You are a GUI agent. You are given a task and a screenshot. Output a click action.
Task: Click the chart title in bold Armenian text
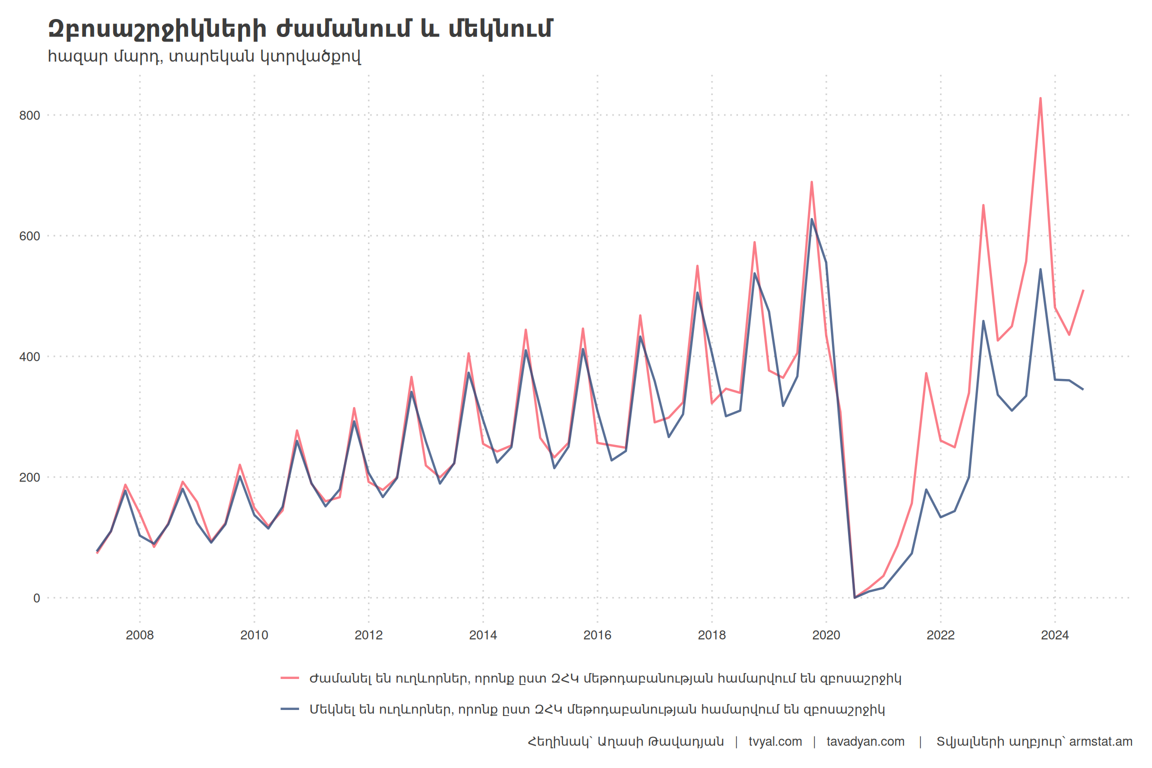point(300,29)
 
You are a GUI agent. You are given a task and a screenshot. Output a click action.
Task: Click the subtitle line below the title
point(204,56)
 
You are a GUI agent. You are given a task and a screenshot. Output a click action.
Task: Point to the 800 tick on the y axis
point(29,115)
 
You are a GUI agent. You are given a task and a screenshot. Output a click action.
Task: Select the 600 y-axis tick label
point(29,236)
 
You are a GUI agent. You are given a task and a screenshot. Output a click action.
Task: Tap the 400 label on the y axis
point(29,357)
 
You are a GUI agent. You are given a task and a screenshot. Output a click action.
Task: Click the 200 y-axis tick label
point(29,477)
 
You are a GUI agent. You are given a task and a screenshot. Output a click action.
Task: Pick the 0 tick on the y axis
point(36,598)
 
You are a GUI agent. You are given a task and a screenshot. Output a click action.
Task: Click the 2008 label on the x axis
point(139,635)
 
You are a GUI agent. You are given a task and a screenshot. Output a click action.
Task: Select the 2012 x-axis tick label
point(368,635)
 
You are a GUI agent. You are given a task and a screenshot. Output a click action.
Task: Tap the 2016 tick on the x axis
point(597,635)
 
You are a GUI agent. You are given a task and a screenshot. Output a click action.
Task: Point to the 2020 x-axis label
point(826,635)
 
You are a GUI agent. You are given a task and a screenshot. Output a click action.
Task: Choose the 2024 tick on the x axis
point(1054,635)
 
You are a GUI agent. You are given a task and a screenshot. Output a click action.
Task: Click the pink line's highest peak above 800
point(1040,98)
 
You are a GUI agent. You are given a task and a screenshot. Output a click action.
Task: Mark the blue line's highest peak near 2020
point(811,219)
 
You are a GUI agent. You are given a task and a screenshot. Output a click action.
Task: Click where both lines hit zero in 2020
point(854,597)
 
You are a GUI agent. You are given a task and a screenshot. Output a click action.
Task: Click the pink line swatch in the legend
point(290,678)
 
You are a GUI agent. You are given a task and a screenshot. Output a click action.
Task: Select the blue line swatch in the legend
point(290,709)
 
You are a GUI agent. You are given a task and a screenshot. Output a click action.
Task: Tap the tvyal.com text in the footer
point(775,741)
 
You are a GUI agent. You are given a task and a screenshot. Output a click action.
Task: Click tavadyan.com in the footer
point(865,741)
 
